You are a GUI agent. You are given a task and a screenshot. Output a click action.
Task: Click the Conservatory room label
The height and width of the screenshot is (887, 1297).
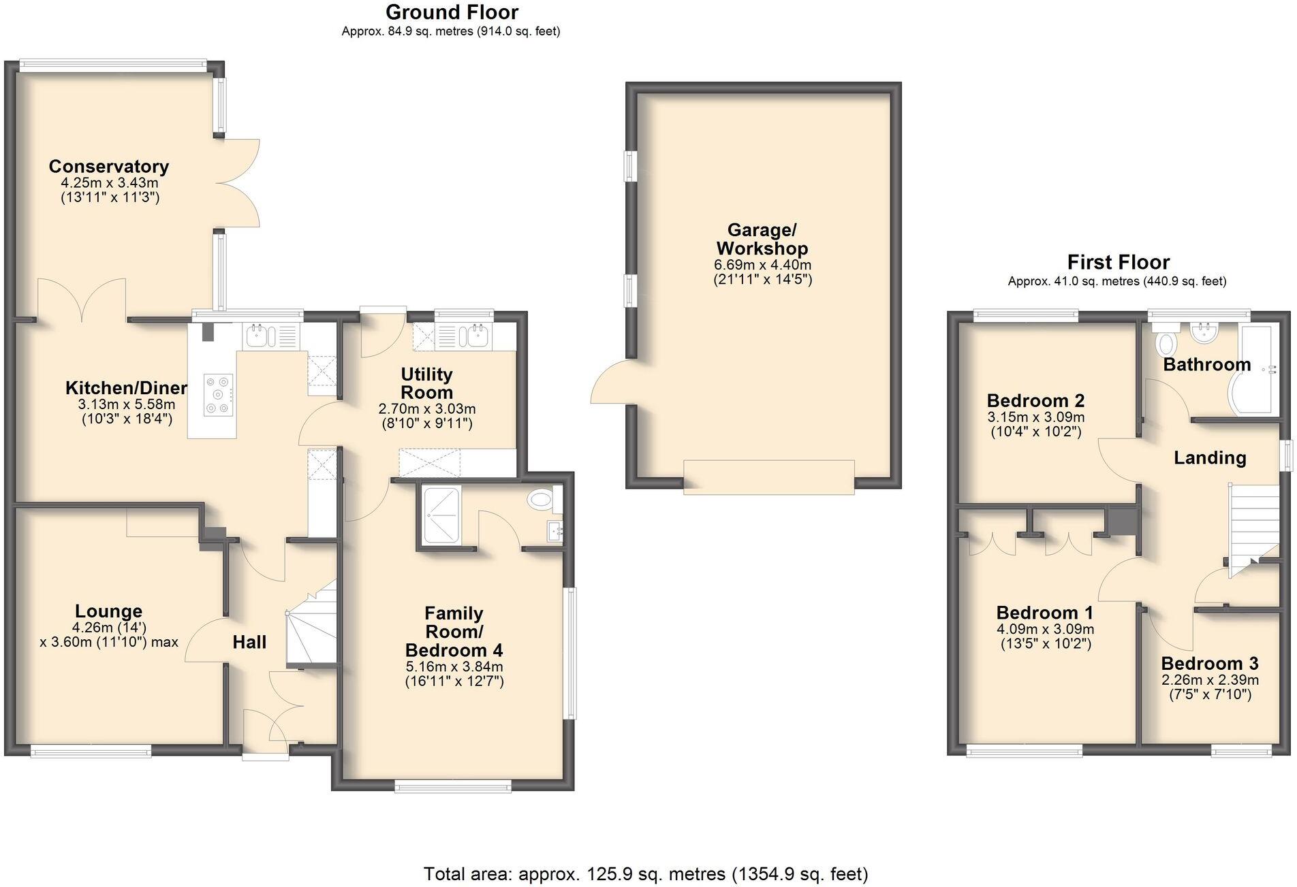(108, 166)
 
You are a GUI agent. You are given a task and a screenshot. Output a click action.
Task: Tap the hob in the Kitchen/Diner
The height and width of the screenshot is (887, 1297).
(218, 394)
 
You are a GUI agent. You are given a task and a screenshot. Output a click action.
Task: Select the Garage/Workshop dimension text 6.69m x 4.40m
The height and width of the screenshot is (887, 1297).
(762, 265)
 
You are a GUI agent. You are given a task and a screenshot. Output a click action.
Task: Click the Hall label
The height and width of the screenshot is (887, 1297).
(249, 642)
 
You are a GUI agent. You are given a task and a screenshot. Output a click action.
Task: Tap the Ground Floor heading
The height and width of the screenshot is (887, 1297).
(451, 12)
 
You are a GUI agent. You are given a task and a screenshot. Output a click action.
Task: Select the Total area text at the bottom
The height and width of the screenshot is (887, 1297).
(645, 873)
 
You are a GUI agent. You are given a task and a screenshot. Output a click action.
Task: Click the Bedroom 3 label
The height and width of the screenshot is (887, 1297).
(1209, 663)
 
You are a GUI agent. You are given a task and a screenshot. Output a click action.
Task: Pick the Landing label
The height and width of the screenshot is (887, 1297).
(1209, 458)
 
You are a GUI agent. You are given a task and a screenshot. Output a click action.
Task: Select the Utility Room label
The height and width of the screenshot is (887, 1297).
(426, 383)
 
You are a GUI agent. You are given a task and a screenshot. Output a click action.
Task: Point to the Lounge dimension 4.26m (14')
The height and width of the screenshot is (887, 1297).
(109, 627)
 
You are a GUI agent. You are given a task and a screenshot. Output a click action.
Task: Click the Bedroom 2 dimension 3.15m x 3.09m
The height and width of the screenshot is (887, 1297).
(1035, 417)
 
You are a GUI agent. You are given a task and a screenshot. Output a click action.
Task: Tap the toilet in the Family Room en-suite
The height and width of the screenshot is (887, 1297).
(541, 500)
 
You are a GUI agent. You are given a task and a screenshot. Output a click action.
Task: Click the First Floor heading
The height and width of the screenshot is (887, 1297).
(1118, 262)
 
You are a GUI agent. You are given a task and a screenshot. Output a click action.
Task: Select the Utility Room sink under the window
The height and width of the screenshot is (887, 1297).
(475, 335)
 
